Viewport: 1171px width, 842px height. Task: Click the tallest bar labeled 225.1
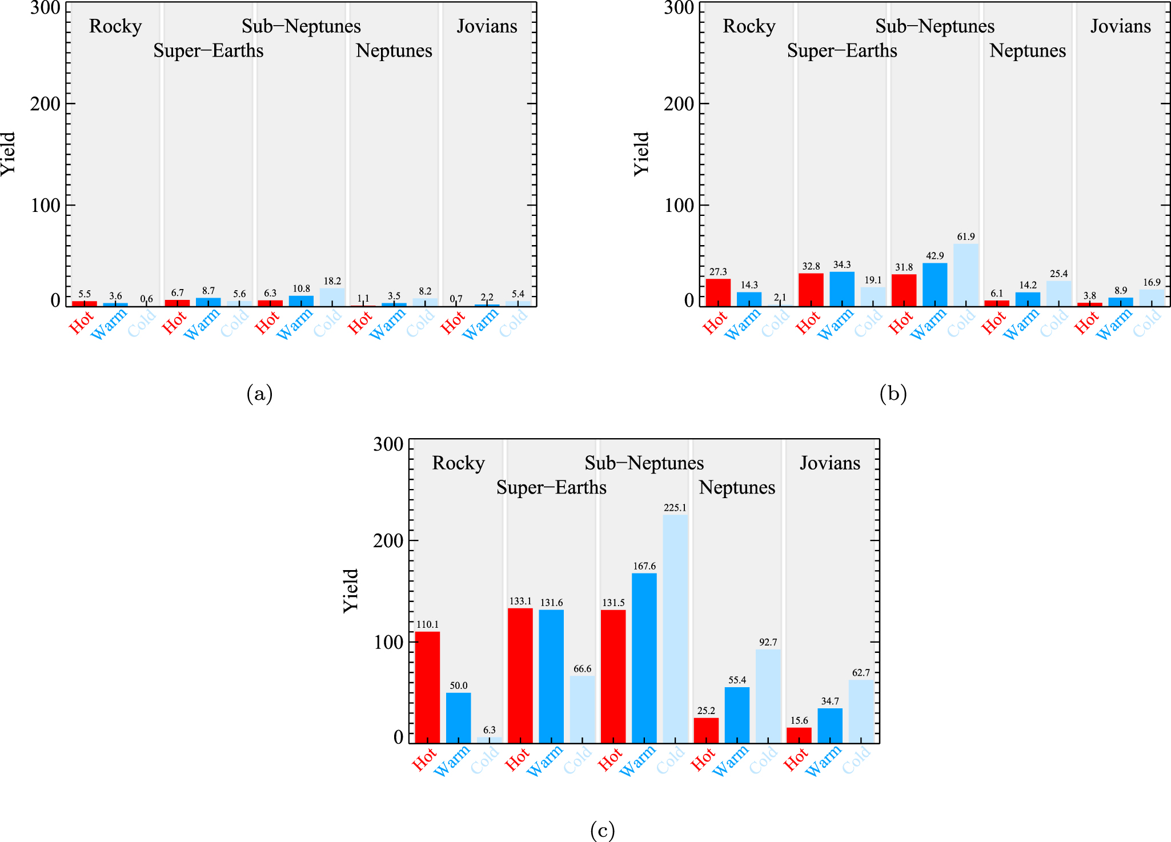coord(675,628)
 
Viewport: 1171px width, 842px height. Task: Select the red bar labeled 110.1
coord(427,687)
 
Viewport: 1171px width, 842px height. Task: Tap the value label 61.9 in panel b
coord(966,236)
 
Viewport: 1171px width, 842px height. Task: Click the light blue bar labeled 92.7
coord(768,696)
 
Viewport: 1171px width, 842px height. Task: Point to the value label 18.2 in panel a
coord(332,281)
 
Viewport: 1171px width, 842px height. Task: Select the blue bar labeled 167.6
coord(644,658)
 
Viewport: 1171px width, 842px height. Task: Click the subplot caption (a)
coord(259,394)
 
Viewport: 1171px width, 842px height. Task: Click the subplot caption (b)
coord(893,394)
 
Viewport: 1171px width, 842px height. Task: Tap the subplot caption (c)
coord(602,830)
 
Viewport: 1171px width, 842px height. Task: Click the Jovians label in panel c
coord(829,463)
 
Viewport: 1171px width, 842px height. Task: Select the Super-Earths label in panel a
coord(208,51)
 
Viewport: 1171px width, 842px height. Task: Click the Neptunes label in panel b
coord(1028,51)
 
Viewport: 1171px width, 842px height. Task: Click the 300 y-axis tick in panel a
coord(45,8)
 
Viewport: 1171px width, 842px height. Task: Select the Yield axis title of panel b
coord(641,154)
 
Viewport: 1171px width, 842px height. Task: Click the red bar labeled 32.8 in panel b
coord(811,290)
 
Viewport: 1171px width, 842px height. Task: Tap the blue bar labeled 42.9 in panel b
coord(935,284)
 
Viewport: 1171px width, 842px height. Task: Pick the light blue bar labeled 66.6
coord(582,709)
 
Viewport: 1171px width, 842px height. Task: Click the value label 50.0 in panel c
coord(458,685)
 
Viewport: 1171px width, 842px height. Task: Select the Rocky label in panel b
coord(749,26)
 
